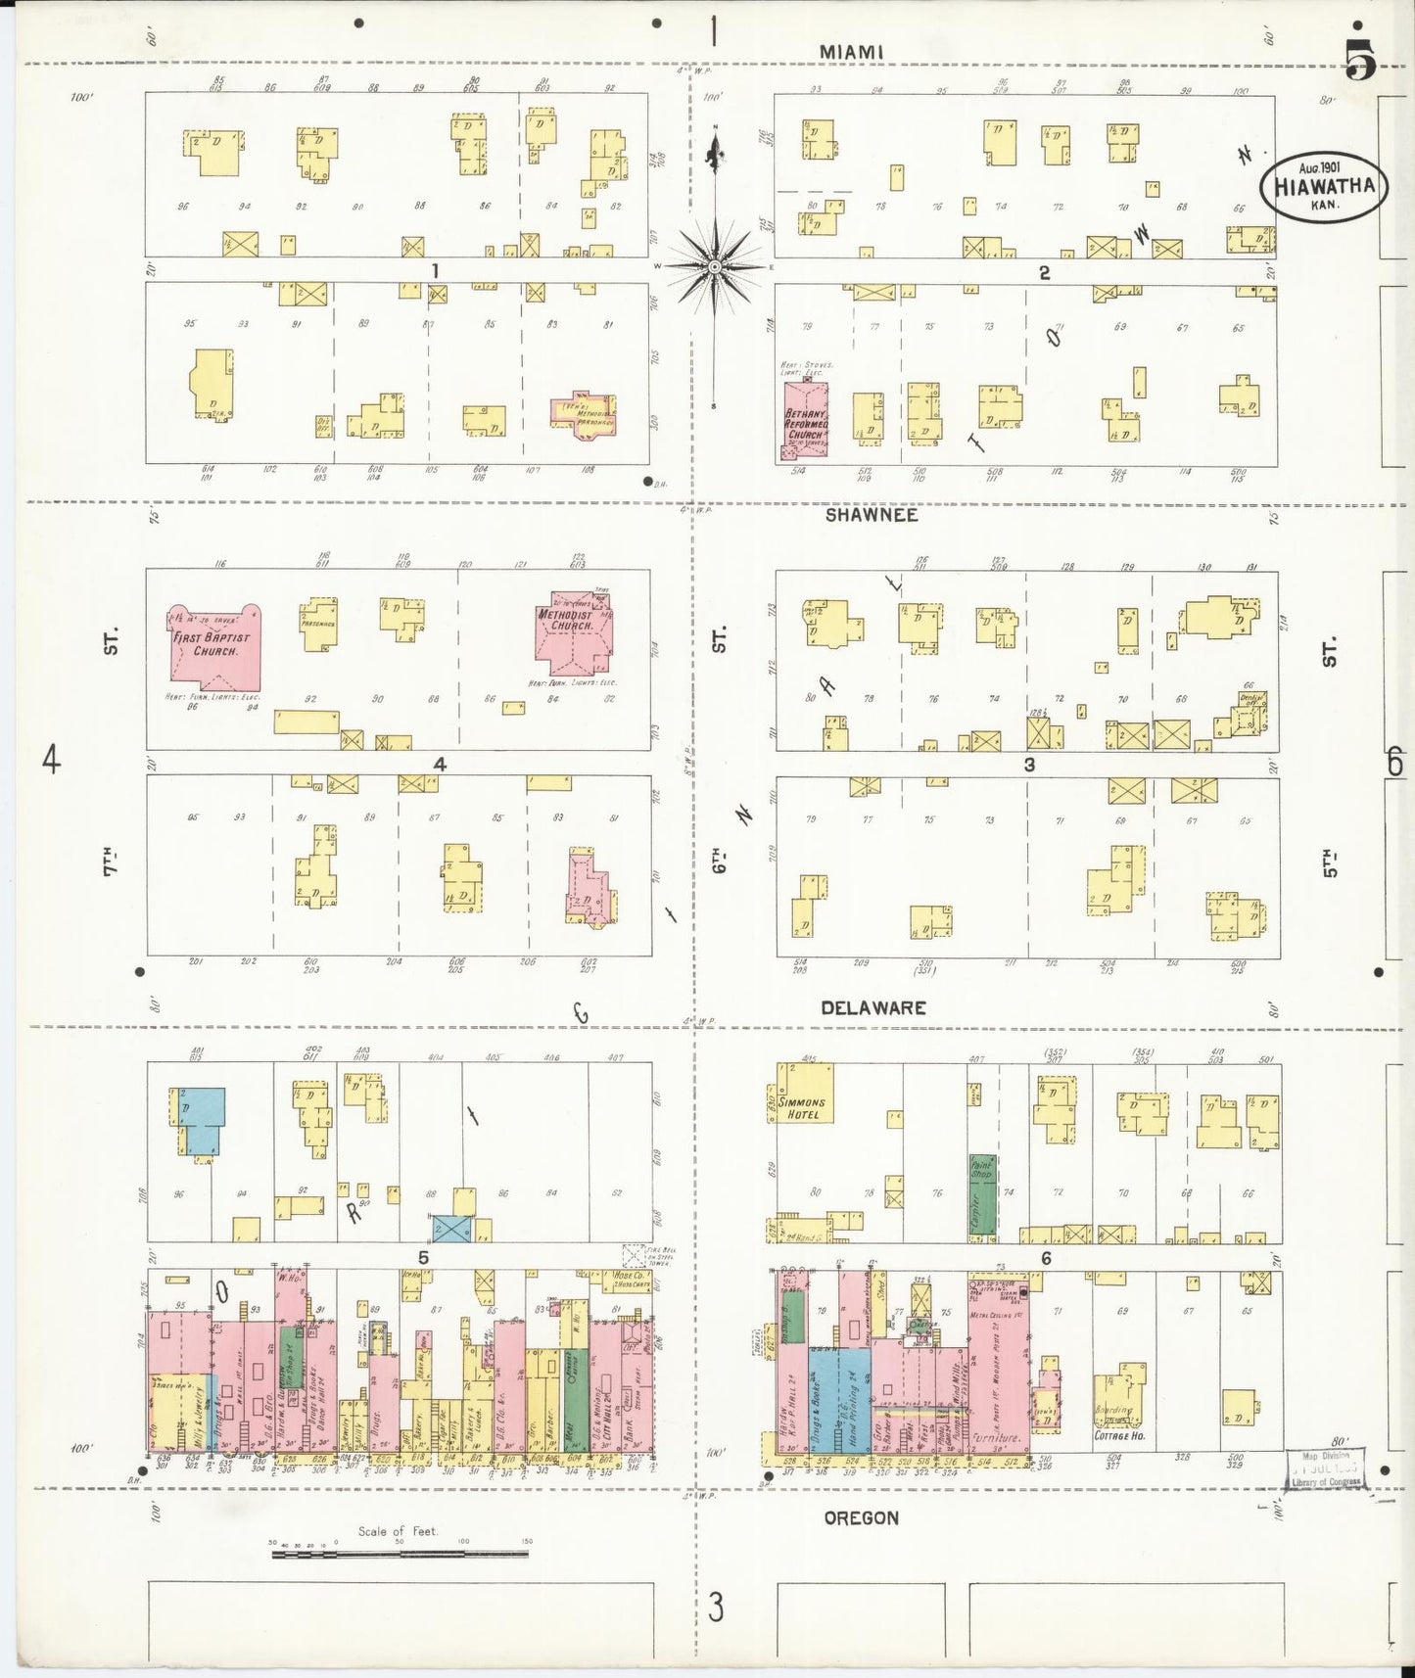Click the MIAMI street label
pyautogui.click(x=851, y=51)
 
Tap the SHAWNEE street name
pyautogui.click(x=871, y=515)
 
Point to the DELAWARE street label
pyautogui.click(x=873, y=1007)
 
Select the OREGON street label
pyautogui.click(x=861, y=1517)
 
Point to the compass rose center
pyautogui.click(x=714, y=266)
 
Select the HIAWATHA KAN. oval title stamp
pyautogui.click(x=1323, y=187)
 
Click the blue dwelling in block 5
pyautogui.click(x=202, y=1120)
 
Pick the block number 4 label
pyautogui.click(x=440, y=765)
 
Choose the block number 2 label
pyautogui.click(x=1045, y=273)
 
